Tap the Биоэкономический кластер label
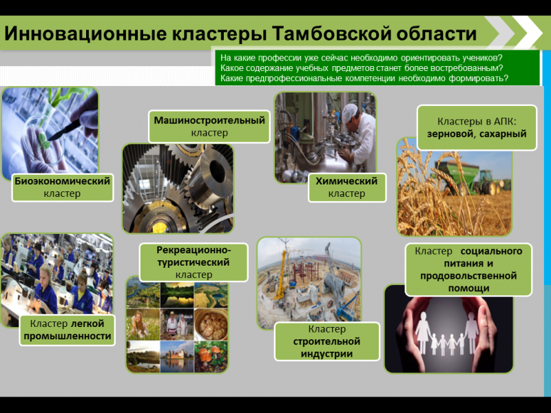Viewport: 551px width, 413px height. click(x=62, y=187)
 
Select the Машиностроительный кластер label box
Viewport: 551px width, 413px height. click(x=209, y=126)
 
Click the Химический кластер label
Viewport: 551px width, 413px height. click(x=346, y=187)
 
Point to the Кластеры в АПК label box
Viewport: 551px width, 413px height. click(x=476, y=127)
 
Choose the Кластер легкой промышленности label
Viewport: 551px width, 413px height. click(x=66, y=330)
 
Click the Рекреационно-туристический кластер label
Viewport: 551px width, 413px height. click(x=194, y=262)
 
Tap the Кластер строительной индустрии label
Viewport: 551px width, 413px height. click(x=327, y=341)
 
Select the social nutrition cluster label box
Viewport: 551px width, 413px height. click(x=468, y=269)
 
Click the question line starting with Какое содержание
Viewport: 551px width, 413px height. click(x=362, y=68)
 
